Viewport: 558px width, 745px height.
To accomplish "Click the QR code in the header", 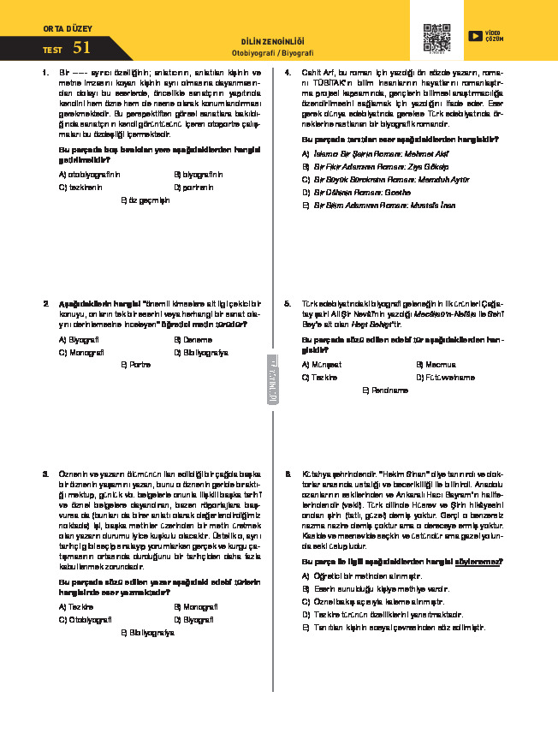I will pyautogui.click(x=436, y=39).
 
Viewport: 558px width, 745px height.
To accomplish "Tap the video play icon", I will pyautogui.click(x=474, y=36).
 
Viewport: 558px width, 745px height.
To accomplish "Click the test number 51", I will pyautogui.click(x=81, y=48).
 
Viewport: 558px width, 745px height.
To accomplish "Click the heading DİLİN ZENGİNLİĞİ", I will pyautogui.click(x=273, y=41).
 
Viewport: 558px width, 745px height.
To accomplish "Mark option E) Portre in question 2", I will pyautogui.click(x=137, y=364).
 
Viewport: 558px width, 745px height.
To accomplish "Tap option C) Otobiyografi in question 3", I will pyautogui.click(x=86, y=619).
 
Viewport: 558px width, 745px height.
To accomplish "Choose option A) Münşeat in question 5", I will pyautogui.click(x=322, y=364).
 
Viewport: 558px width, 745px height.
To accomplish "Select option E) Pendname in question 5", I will pyautogui.click(x=385, y=390).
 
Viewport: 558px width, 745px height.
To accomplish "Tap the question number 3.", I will pyautogui.click(x=46, y=474).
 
